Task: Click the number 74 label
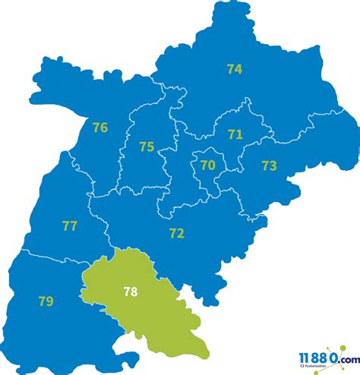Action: point(234,69)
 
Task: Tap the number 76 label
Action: point(99,128)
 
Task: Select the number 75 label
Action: point(147,147)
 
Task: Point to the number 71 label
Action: point(235,134)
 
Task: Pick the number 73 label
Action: point(269,165)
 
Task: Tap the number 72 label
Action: point(176,233)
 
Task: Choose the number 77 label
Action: point(70,225)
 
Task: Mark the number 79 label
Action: point(46,301)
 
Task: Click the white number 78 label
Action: point(131,291)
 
